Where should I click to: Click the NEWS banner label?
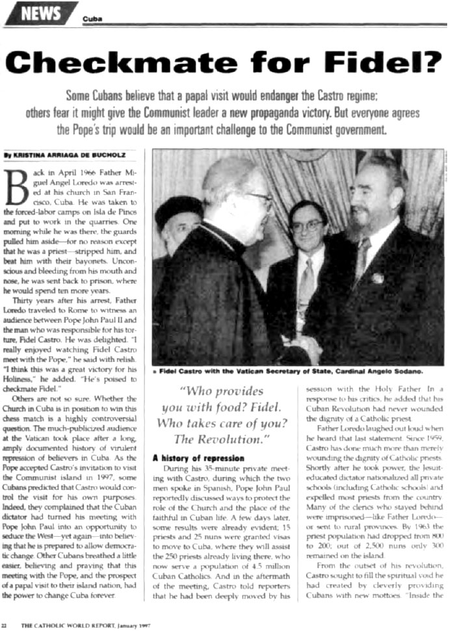tap(40, 14)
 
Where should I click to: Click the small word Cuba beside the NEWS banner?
tap(92, 19)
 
